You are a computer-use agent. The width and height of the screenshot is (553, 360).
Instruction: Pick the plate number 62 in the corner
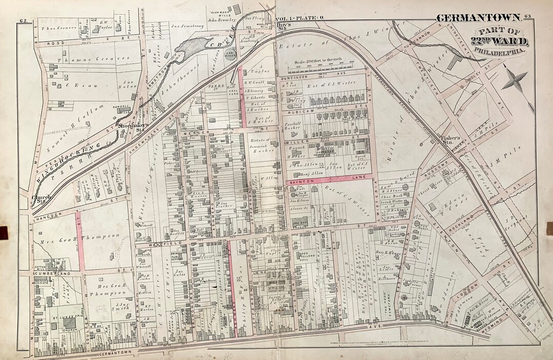point(23,20)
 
